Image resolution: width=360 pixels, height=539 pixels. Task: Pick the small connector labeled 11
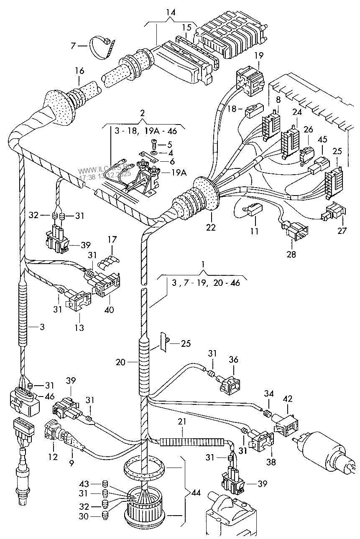pos(253,209)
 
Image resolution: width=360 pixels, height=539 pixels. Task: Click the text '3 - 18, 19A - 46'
pos(145,131)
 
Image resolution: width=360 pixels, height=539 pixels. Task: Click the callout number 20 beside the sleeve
pos(120,362)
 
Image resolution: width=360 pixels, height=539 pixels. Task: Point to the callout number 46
pos(49,396)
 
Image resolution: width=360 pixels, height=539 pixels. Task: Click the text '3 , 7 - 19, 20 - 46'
pos(205,283)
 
